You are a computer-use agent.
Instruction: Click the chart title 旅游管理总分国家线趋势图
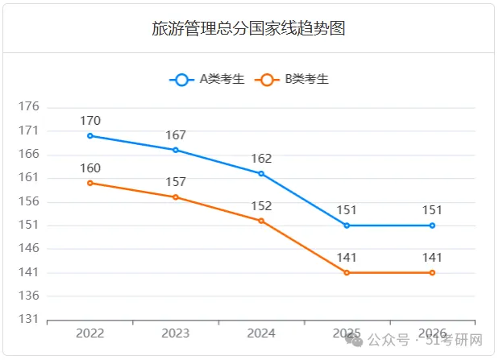click(x=248, y=28)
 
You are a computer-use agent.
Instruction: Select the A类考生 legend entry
click(x=207, y=79)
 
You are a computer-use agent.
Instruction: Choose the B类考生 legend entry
click(x=292, y=79)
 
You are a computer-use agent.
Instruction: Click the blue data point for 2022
click(x=90, y=136)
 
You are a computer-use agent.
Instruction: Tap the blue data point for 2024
click(x=261, y=174)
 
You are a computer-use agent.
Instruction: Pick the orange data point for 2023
click(x=176, y=197)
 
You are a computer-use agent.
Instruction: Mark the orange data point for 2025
click(x=347, y=272)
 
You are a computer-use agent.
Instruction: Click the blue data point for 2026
click(x=432, y=226)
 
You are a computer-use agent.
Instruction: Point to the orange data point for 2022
click(x=90, y=183)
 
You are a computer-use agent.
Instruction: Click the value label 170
click(x=90, y=121)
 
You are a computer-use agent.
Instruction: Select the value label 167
click(x=176, y=135)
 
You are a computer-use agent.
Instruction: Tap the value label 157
click(x=176, y=182)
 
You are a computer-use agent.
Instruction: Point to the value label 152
click(x=261, y=206)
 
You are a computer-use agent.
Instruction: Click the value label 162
click(x=261, y=159)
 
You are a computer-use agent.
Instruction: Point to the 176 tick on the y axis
click(x=29, y=106)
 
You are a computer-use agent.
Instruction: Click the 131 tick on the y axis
click(x=29, y=319)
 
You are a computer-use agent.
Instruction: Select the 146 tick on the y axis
click(x=29, y=248)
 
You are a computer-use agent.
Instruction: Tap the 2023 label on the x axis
click(x=176, y=333)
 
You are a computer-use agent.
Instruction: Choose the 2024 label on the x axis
click(x=261, y=333)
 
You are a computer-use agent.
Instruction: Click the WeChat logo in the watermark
click(x=354, y=340)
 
